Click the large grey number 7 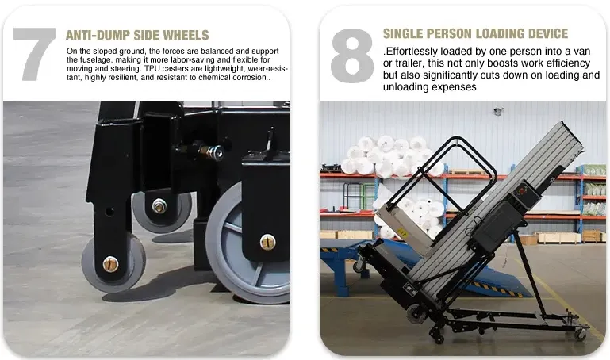pos(34,54)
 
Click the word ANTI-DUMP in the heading pos(98,35)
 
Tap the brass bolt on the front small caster pos(110,264)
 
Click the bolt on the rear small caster pos(159,205)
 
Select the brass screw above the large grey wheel pos(267,242)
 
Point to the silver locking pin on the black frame pos(212,152)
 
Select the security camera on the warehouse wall pos(498,111)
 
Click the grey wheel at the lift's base pos(416,314)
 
